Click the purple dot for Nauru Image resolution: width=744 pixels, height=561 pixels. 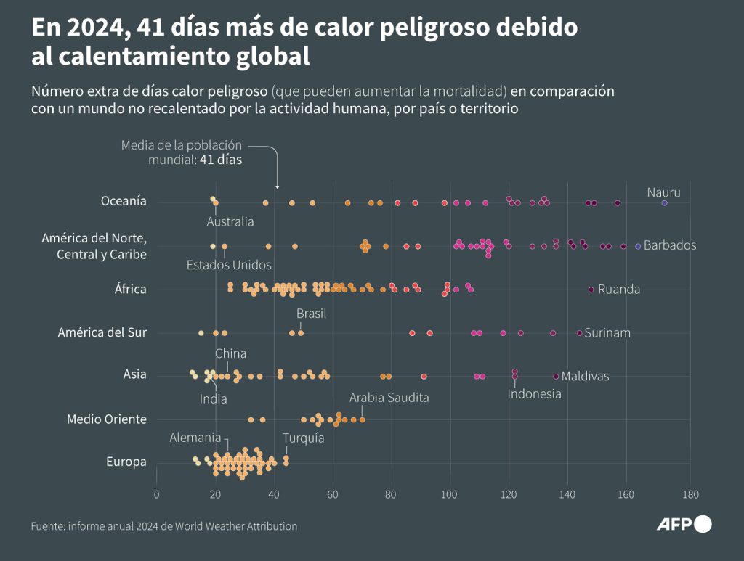tap(664, 203)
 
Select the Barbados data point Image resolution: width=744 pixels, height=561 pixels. tap(638, 246)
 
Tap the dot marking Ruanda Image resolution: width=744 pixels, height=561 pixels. tap(591, 290)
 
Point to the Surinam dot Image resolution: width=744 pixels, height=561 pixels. tap(579, 333)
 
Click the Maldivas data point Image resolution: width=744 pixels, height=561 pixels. tap(556, 377)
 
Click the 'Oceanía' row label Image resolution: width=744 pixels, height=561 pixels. tap(124, 201)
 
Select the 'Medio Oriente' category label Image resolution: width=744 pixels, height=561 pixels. tap(107, 419)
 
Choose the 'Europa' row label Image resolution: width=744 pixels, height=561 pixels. tap(126, 462)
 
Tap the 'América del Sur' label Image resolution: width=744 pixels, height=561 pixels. tap(102, 332)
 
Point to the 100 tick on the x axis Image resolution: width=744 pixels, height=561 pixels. tap(450, 495)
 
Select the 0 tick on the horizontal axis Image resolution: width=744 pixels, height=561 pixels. tap(156, 495)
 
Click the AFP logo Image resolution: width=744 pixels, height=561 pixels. tap(684, 524)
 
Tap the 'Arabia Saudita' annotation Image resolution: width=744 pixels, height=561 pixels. tap(389, 398)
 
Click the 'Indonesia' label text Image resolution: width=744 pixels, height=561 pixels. tap(534, 393)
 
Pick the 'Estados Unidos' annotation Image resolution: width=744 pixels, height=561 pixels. tap(229, 265)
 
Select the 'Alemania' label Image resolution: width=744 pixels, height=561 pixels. tap(195, 438)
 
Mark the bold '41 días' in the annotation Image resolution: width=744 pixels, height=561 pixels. tap(221, 160)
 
